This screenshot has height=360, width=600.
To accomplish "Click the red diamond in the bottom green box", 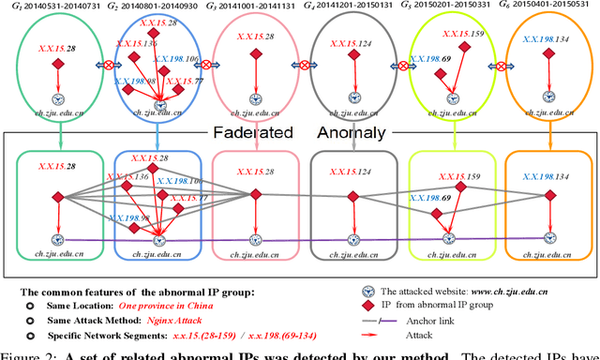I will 57,199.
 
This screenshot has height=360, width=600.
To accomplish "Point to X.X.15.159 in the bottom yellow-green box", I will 458,176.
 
